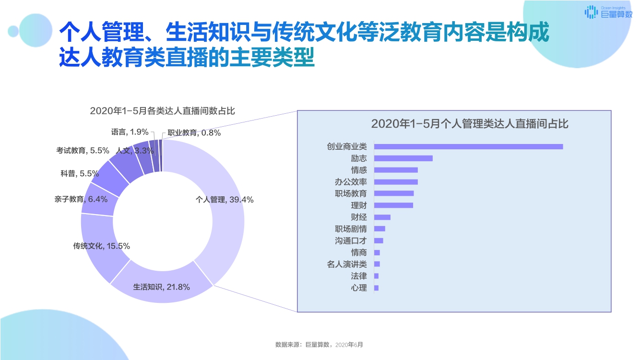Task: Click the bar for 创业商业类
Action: point(468,146)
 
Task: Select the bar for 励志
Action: point(403,158)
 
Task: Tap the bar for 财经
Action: point(382,217)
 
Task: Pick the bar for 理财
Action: point(393,205)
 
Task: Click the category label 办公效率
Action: point(351,182)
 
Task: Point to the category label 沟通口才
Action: point(351,240)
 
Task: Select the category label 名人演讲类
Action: point(347,264)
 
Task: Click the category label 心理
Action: point(359,288)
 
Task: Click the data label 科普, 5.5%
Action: point(80,173)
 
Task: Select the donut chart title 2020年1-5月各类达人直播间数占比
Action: point(162,111)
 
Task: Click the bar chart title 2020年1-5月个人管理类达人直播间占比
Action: point(470,124)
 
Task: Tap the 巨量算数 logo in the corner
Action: point(608,12)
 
